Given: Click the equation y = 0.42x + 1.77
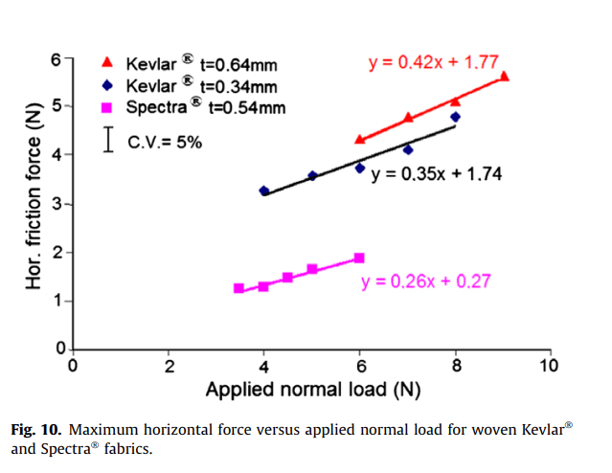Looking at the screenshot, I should pyautogui.click(x=433, y=63).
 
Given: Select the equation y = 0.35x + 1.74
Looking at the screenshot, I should pyautogui.click(x=436, y=174).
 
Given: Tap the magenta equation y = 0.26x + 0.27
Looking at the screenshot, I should pyautogui.click(x=427, y=282).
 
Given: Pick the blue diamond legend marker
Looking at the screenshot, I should pyautogui.click(x=108, y=85).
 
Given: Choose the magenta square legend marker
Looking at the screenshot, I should pyautogui.click(x=108, y=106).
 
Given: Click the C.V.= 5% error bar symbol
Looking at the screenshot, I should pyautogui.click(x=109, y=140).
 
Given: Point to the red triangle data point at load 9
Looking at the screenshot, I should pyautogui.click(x=504, y=76).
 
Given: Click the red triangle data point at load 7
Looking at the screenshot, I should pyautogui.click(x=408, y=118).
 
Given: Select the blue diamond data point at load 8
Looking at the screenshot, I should pyautogui.click(x=456, y=117).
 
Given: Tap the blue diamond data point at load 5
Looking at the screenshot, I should pyautogui.click(x=312, y=176).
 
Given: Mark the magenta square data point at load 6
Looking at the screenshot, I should pyautogui.click(x=359, y=258).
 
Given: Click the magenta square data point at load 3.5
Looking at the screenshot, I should pyautogui.click(x=239, y=288).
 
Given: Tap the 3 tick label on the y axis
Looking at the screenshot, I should pyautogui.click(x=57, y=204).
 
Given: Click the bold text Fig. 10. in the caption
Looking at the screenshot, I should pyautogui.click(x=36, y=428).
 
